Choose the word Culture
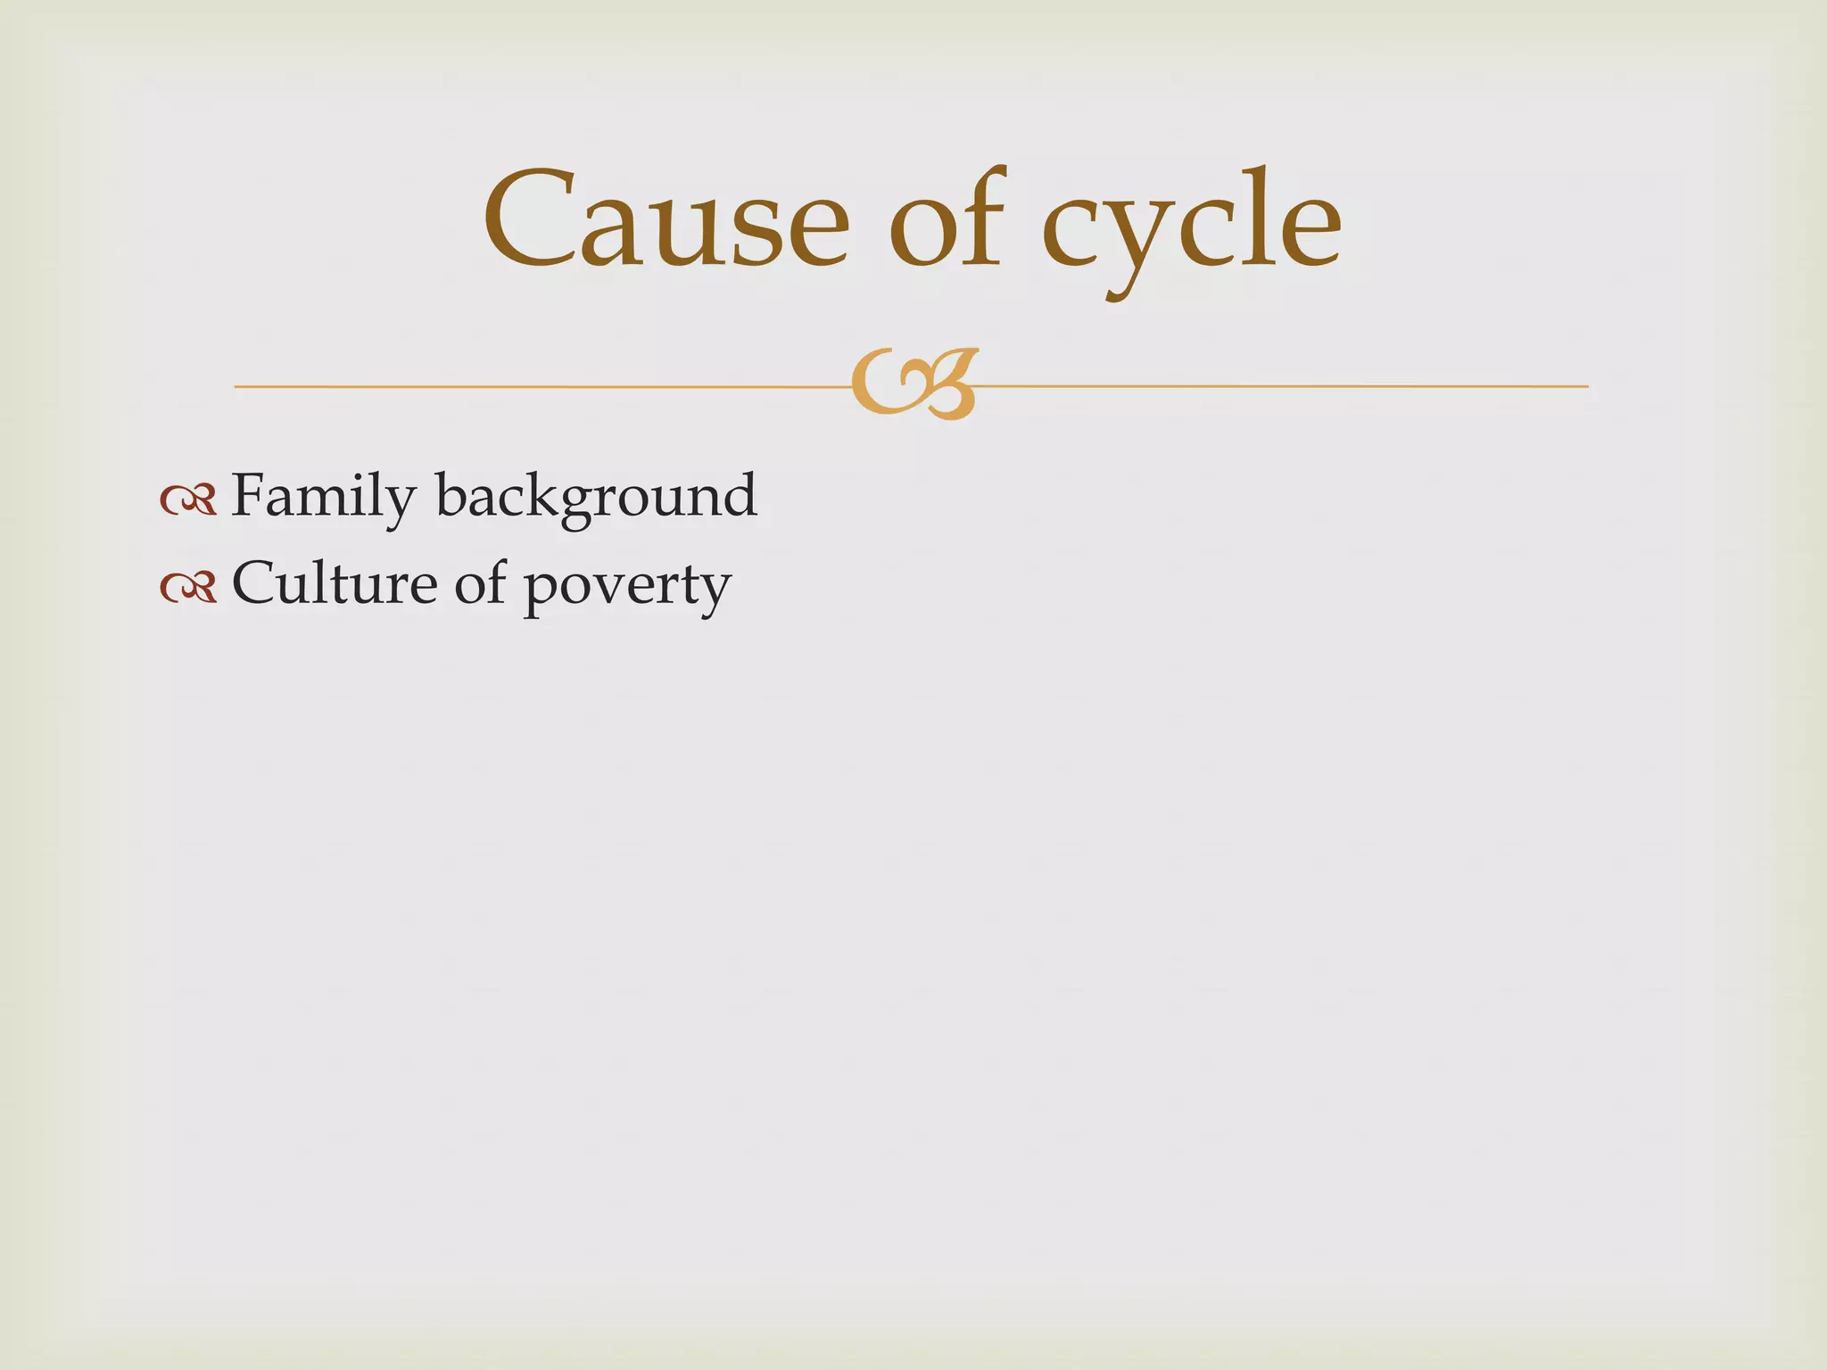tap(335, 584)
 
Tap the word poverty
tap(626, 589)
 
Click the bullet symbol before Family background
tap(188, 499)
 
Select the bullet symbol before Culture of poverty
tap(188, 587)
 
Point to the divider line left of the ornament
tap(535, 386)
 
